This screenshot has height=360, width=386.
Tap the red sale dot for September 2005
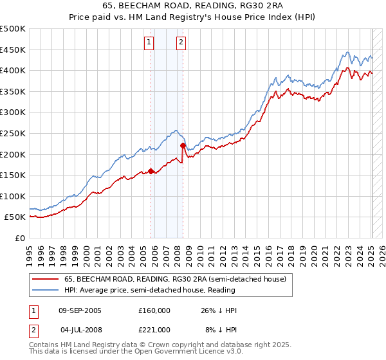(151, 171)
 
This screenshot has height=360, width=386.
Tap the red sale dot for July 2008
(183, 146)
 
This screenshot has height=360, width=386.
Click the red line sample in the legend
(46, 279)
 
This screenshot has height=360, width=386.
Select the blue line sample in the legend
(46, 290)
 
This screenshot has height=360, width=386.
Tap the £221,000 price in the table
(154, 330)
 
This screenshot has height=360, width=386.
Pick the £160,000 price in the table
(154, 310)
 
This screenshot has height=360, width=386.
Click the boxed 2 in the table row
(33, 330)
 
